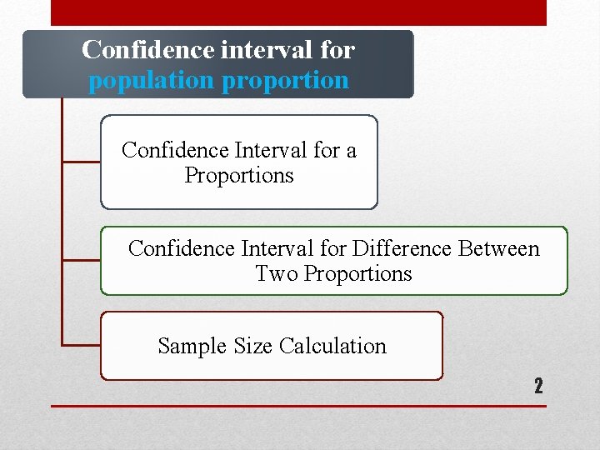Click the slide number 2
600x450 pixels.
click(538, 386)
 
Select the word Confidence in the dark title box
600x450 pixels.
click(148, 50)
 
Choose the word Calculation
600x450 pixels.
click(333, 346)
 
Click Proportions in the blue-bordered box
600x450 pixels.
click(239, 176)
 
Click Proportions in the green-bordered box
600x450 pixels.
click(358, 273)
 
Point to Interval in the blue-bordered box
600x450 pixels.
click(272, 150)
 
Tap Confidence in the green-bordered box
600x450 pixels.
click(181, 248)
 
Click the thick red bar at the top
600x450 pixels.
click(298, 12)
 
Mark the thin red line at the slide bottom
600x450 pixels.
click(298, 406)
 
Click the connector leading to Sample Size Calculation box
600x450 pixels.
click(81, 344)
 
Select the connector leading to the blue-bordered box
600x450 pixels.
click(81, 162)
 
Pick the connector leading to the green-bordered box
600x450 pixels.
click(81, 260)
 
